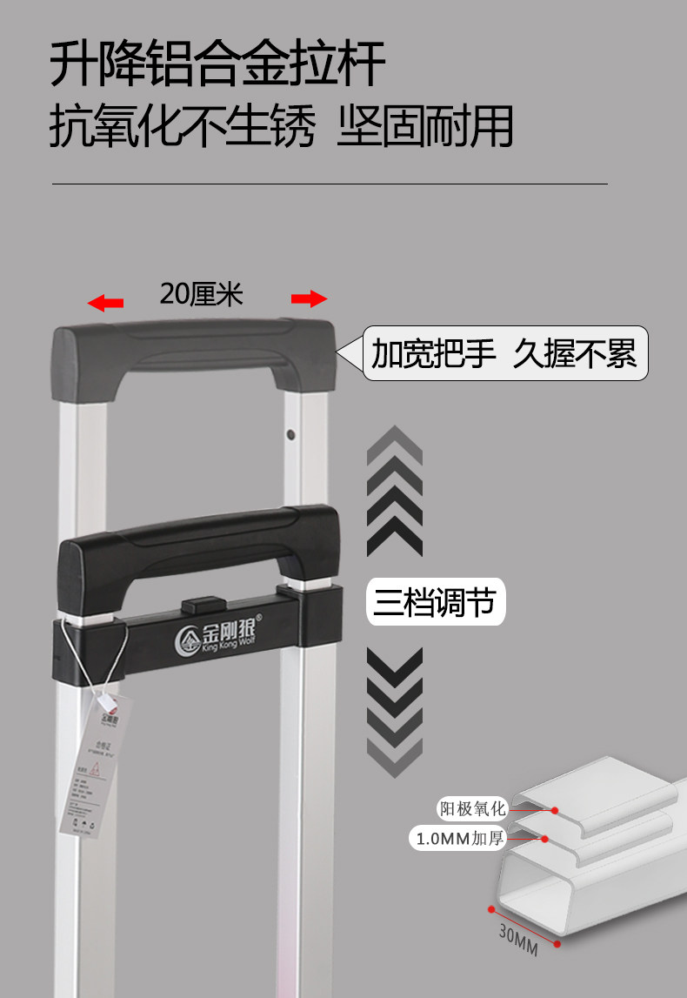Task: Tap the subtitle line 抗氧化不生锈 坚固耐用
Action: [x=280, y=127]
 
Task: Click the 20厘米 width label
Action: [x=201, y=294]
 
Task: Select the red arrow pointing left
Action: [x=106, y=303]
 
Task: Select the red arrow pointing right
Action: [x=309, y=299]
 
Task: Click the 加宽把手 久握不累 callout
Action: [x=504, y=354]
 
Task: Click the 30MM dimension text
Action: [x=518, y=940]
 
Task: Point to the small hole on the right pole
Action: [x=290, y=433]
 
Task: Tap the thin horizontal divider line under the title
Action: [x=330, y=184]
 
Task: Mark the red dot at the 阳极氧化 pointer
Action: [x=556, y=809]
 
